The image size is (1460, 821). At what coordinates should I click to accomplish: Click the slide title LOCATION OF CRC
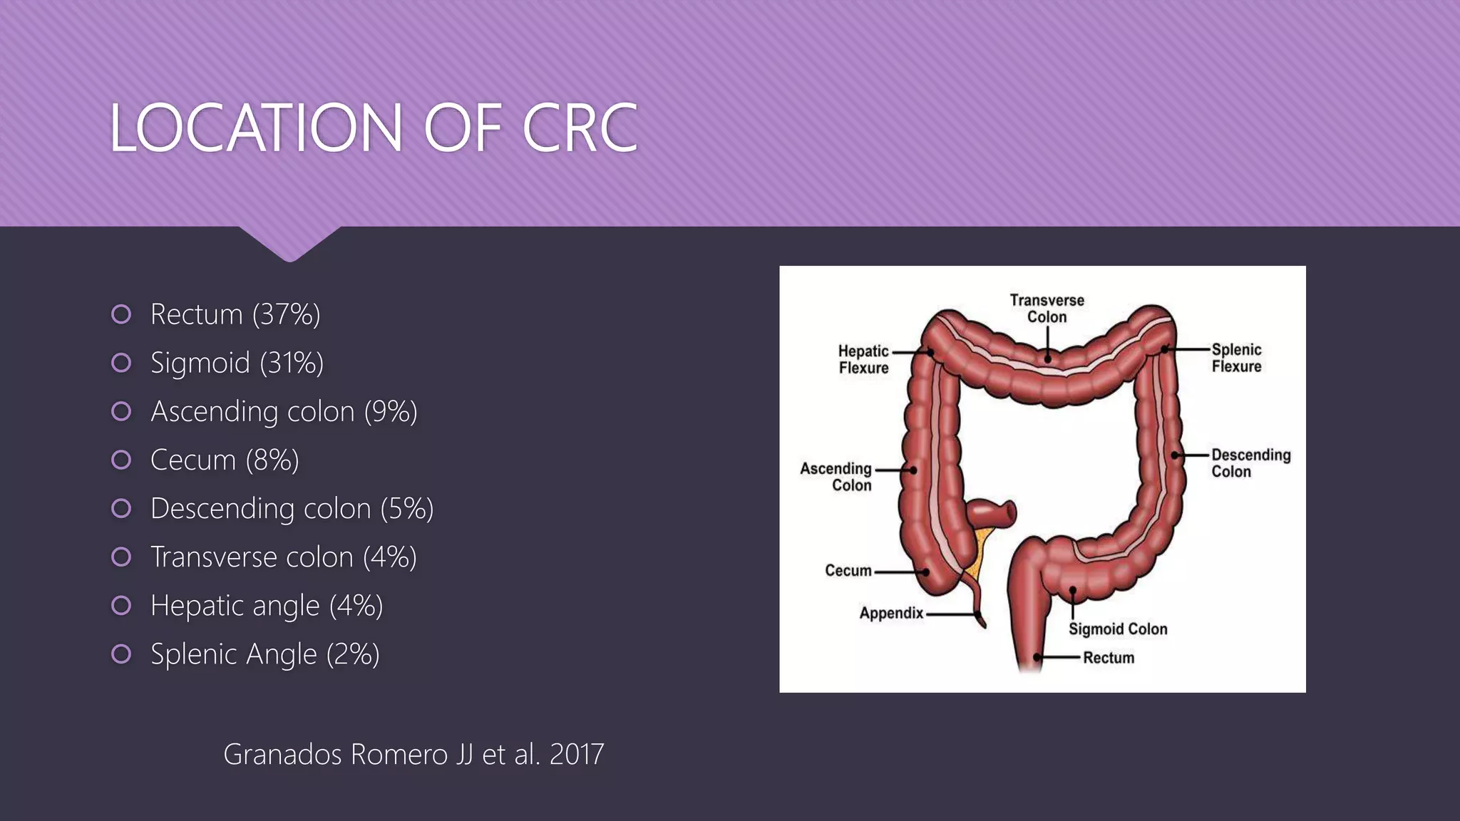coord(373,128)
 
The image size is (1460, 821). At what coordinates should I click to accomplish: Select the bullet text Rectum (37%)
coord(235,314)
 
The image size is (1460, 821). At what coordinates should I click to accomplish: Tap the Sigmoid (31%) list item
coord(237,363)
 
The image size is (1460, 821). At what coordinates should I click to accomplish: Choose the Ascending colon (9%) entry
coord(284,411)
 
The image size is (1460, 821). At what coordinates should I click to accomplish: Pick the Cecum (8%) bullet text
coord(225,460)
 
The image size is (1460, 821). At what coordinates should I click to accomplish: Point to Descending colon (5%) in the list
coord(292,509)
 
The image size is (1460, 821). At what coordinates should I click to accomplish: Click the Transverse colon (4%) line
coord(283,557)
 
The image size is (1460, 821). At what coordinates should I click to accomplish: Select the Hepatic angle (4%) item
coord(267,606)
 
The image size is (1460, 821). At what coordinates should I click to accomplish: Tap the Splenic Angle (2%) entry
coord(264,654)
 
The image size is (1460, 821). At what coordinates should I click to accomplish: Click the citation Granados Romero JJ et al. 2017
coord(413,754)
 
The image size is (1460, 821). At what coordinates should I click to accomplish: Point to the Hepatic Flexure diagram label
coord(863,359)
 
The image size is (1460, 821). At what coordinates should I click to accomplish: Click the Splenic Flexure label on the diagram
coord(1236,358)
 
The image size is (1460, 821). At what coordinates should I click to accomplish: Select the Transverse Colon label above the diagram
coord(1047,309)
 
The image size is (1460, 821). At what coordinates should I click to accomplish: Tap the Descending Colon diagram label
coord(1250,463)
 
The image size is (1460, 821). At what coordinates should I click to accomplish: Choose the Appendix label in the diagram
coord(891,613)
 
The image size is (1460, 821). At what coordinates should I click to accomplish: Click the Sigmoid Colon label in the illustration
coord(1118,629)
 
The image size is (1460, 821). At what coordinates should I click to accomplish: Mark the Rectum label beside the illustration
coord(1109,658)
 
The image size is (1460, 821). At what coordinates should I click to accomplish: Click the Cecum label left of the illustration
coord(848,571)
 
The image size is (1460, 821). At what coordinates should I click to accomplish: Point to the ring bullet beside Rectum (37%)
coord(121,314)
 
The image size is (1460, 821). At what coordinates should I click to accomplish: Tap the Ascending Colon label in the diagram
coord(836,477)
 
